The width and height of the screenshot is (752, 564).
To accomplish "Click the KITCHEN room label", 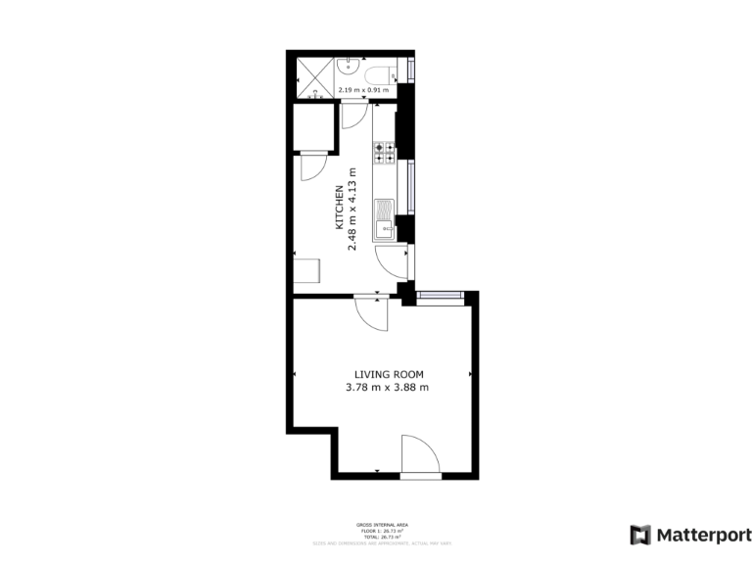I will click(340, 207).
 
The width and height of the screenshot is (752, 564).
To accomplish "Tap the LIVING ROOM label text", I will click(389, 374).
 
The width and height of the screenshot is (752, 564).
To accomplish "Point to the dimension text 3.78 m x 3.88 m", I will click(388, 388).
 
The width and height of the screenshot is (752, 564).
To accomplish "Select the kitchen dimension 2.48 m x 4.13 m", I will click(353, 210).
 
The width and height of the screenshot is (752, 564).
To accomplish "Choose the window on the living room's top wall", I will click(440, 295).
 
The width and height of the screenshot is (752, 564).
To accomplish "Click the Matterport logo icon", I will click(640, 535).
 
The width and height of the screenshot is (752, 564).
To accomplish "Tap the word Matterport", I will click(704, 536).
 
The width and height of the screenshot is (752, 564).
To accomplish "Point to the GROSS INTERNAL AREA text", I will click(375, 526).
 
